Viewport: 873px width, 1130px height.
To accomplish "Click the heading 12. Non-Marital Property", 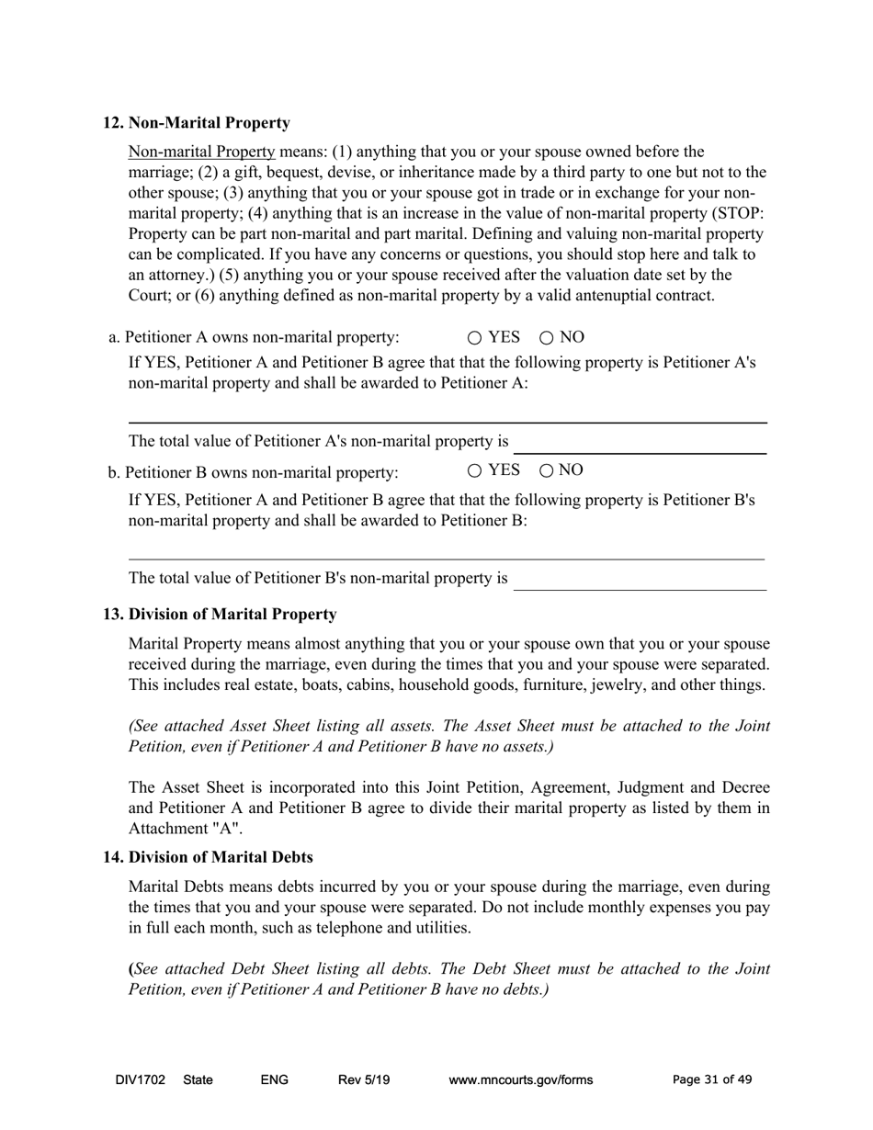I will [196, 123].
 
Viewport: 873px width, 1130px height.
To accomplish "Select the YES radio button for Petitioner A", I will [474, 338].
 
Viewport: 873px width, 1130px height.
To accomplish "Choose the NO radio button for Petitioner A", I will [546, 338].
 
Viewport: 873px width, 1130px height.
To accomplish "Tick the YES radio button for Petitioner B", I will [474, 471].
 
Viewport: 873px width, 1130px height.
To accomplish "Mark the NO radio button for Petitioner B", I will [546, 471].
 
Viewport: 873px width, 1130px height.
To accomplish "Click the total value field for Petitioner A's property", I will [640, 443].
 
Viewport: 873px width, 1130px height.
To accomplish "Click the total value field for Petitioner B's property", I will [640, 579].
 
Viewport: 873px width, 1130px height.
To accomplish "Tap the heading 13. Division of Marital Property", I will [219, 614].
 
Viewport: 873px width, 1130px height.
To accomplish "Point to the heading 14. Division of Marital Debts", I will [208, 857].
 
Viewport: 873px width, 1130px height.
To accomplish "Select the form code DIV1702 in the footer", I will [141, 1080].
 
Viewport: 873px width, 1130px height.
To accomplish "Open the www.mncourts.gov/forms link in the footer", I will [520, 1080].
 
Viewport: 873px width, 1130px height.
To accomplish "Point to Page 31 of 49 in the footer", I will [712, 1080].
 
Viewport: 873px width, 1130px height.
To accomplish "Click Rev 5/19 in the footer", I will [364, 1080].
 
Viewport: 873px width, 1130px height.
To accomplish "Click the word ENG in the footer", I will [275, 1080].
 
